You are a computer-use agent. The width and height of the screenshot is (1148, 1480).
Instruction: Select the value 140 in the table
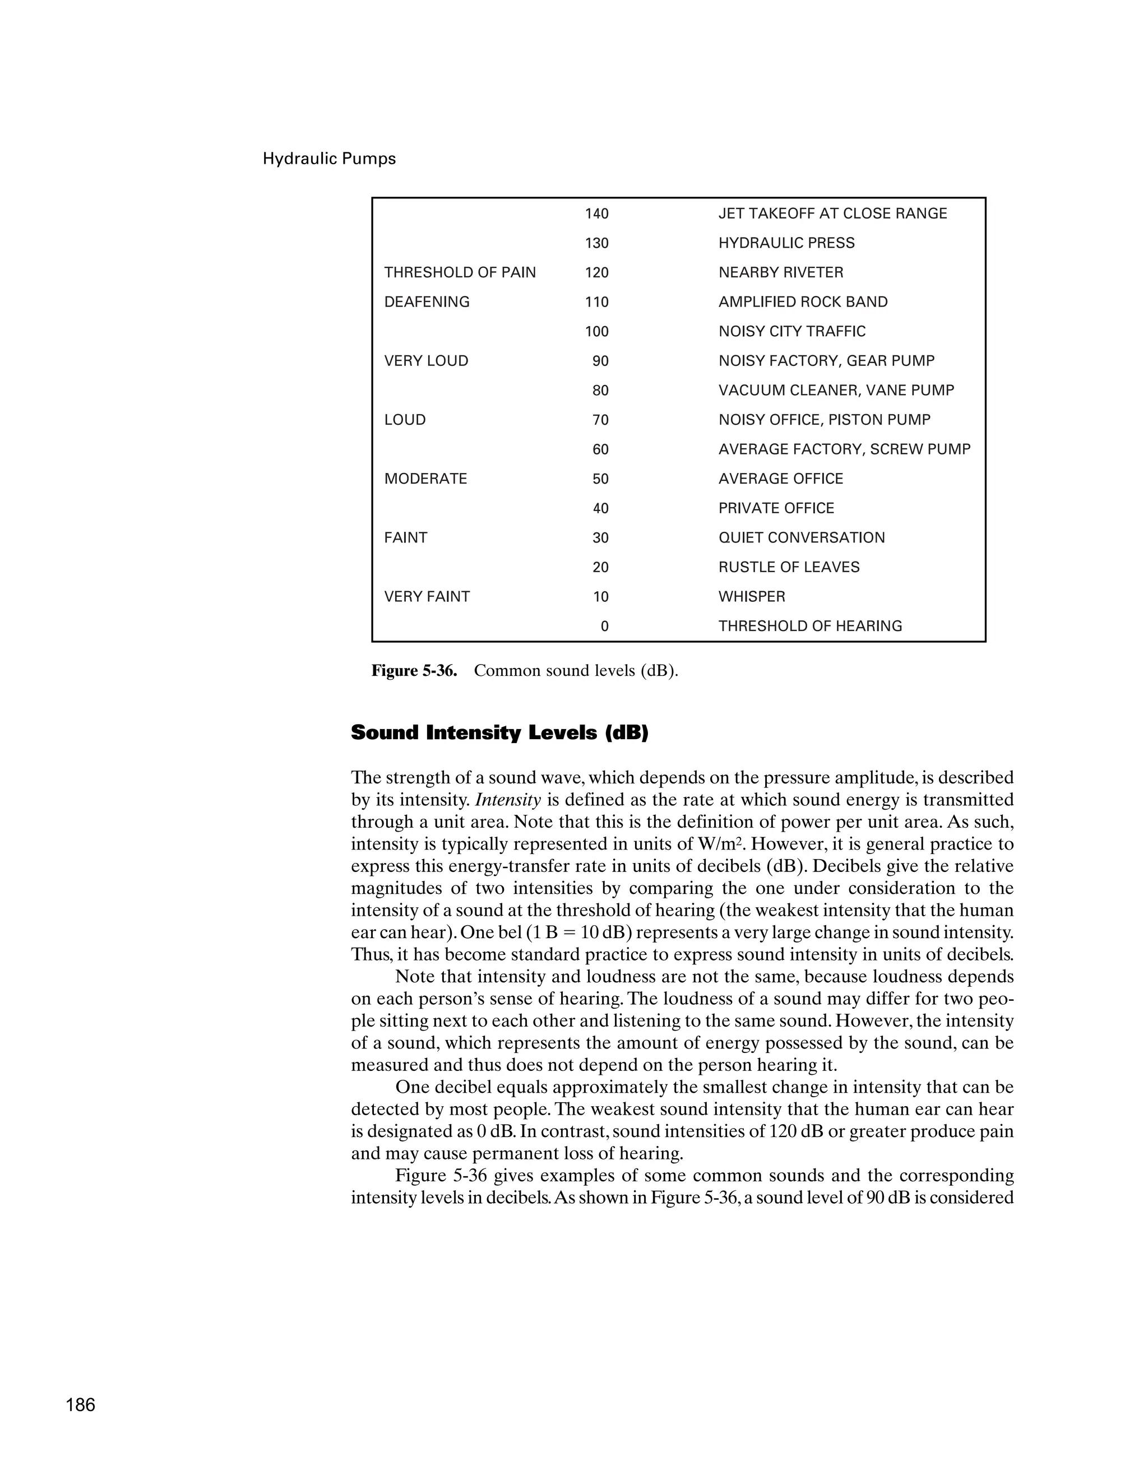tap(596, 214)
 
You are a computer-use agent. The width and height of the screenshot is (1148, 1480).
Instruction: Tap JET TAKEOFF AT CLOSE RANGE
tap(832, 214)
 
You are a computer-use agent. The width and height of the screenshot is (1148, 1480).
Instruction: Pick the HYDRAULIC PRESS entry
tap(786, 243)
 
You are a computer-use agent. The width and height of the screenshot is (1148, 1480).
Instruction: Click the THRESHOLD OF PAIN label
tap(460, 272)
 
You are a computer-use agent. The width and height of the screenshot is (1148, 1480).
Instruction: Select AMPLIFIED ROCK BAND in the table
tap(802, 301)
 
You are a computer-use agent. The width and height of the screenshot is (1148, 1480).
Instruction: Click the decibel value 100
tap(596, 331)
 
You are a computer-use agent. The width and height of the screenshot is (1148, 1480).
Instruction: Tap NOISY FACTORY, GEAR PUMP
tap(826, 360)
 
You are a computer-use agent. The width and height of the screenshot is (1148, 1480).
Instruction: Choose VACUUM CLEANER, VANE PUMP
tap(836, 391)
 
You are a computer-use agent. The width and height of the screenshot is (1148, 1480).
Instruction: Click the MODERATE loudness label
tap(425, 479)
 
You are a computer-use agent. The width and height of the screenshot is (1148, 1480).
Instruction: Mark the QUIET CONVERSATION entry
tap(801, 537)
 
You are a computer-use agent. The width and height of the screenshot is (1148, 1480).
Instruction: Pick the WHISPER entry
tap(752, 596)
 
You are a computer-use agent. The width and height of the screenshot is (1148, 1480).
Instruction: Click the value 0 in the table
tap(604, 626)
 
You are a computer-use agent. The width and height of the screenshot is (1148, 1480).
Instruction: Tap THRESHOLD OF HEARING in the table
tap(810, 626)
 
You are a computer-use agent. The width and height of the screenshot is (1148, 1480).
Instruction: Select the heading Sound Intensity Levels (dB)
tap(499, 732)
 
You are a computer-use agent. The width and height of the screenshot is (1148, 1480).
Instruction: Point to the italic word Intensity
tap(508, 800)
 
